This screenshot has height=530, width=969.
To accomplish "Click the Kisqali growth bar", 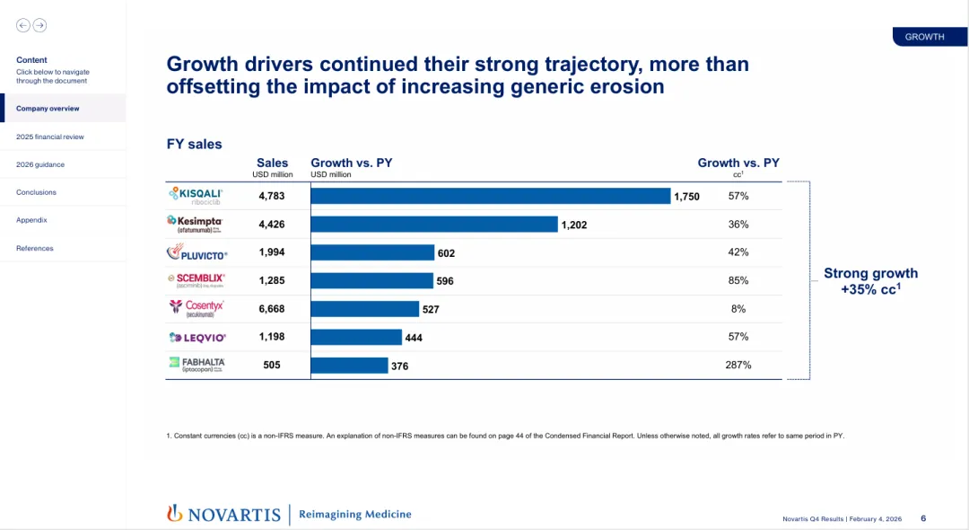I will pyautogui.click(x=491, y=196).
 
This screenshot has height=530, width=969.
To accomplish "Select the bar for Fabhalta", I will pyautogui.click(x=349, y=366).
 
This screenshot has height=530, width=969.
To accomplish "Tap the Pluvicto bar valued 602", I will pyautogui.click(x=372, y=252).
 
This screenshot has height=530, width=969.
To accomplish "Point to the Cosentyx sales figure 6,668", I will pyautogui.click(x=272, y=309).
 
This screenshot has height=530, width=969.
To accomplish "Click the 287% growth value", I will pyautogui.click(x=738, y=366).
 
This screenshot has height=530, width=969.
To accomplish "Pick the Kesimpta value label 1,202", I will pyautogui.click(x=574, y=225).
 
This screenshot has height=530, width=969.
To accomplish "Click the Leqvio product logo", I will pyautogui.click(x=196, y=338).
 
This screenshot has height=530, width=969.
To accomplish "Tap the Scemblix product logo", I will pyautogui.click(x=196, y=280).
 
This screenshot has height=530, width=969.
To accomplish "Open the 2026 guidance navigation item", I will pyautogui.click(x=40, y=164).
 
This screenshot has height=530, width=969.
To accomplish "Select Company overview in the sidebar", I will pyautogui.click(x=48, y=109).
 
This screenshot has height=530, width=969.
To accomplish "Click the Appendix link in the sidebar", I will pyautogui.click(x=31, y=220).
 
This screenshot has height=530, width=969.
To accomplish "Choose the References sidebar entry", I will pyautogui.click(x=35, y=248).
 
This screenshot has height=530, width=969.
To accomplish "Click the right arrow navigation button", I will pyautogui.click(x=39, y=25).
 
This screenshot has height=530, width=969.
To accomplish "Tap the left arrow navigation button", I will pyautogui.click(x=23, y=25).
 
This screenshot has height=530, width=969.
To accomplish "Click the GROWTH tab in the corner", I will pyautogui.click(x=925, y=37).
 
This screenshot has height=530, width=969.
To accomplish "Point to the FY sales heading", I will pyautogui.click(x=195, y=144).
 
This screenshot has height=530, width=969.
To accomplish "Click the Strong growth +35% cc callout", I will pyautogui.click(x=870, y=281).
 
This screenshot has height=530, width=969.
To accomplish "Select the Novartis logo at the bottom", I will pyautogui.click(x=223, y=514).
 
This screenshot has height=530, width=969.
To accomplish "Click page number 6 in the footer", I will pyautogui.click(x=923, y=518).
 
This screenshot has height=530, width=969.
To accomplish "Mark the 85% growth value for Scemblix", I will pyautogui.click(x=738, y=280).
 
